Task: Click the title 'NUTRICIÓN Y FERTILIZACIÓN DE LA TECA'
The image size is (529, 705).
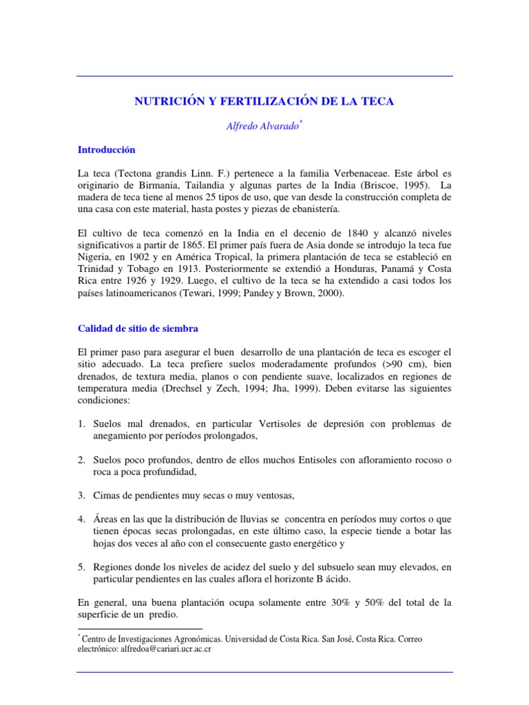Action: pos(264,101)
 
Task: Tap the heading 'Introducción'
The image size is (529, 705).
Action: pos(106,149)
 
